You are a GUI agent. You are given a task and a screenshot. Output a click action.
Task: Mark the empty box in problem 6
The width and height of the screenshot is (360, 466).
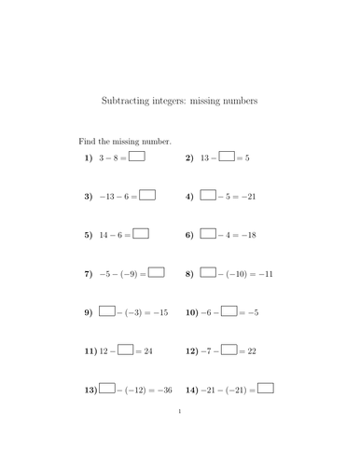click(x=207, y=234)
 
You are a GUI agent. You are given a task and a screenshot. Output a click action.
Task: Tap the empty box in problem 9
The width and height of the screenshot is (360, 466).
click(x=107, y=310)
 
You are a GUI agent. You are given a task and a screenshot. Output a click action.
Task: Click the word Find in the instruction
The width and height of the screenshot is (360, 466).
click(x=86, y=141)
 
